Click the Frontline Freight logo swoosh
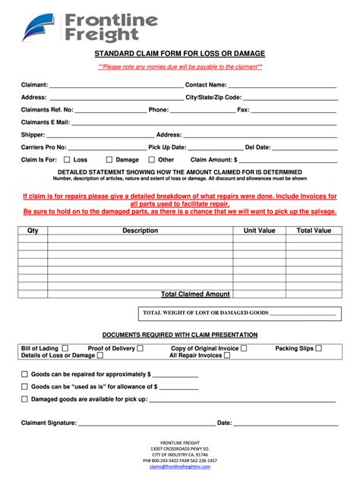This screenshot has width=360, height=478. pos(40,26)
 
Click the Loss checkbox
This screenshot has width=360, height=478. pos(67,160)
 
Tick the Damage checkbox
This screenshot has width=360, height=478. pos(109,160)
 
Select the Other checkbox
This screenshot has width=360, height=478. pos(151,160)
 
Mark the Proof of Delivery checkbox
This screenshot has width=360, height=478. pos(140,348)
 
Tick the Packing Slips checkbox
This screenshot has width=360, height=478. pos(318,348)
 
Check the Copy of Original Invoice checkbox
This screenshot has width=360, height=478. pos(243,348)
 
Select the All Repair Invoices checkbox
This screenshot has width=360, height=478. pos(227,355)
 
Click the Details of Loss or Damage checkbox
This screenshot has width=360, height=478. pos(99,355)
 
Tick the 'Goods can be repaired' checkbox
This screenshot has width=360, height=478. pos(24,374)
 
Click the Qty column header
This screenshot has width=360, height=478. pos(33,230)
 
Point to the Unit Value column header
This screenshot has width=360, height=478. pos(259,230)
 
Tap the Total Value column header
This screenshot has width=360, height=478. pos(313,230)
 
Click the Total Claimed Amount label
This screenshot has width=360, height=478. pos(195,294)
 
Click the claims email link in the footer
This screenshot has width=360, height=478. pos(178,467)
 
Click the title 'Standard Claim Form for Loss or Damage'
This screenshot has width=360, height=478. pos(180,55)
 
